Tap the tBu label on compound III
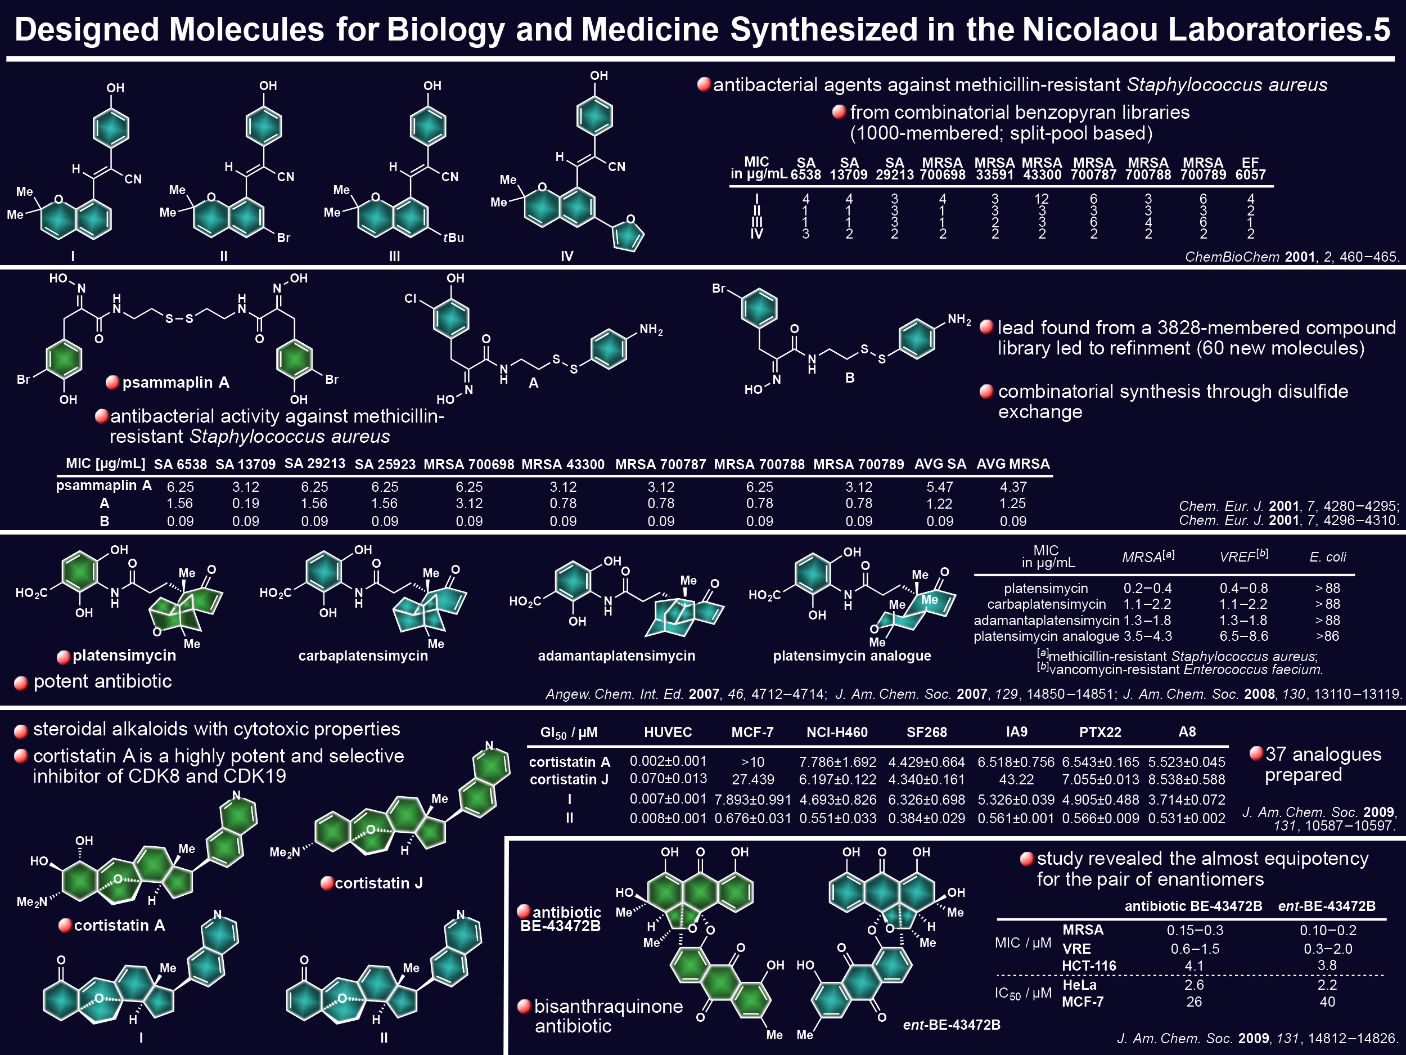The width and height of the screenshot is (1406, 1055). coord(453,238)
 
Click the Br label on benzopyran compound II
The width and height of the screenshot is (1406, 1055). coord(283,238)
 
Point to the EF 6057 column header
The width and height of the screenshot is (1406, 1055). coord(1250,169)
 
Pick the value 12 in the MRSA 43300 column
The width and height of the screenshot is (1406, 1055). coord(1042,199)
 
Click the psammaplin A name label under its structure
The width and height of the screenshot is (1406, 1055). coord(175,382)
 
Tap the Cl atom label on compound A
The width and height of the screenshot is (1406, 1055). coord(411,298)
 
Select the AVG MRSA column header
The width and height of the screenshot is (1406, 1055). coord(1013,464)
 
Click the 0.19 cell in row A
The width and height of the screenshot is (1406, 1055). coord(245,504)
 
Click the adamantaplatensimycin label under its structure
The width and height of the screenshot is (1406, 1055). coord(616,656)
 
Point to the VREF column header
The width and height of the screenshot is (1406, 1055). coord(1243,556)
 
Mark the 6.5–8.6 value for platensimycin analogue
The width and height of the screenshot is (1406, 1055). coord(1243,636)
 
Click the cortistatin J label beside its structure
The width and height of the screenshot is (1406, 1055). coord(379,883)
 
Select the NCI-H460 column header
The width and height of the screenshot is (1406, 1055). coord(837,732)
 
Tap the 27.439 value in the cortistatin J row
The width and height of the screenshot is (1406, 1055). coord(752,780)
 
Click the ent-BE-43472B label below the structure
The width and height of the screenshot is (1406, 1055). coord(952,1025)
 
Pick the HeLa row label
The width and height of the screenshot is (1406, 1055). coord(1079,985)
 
